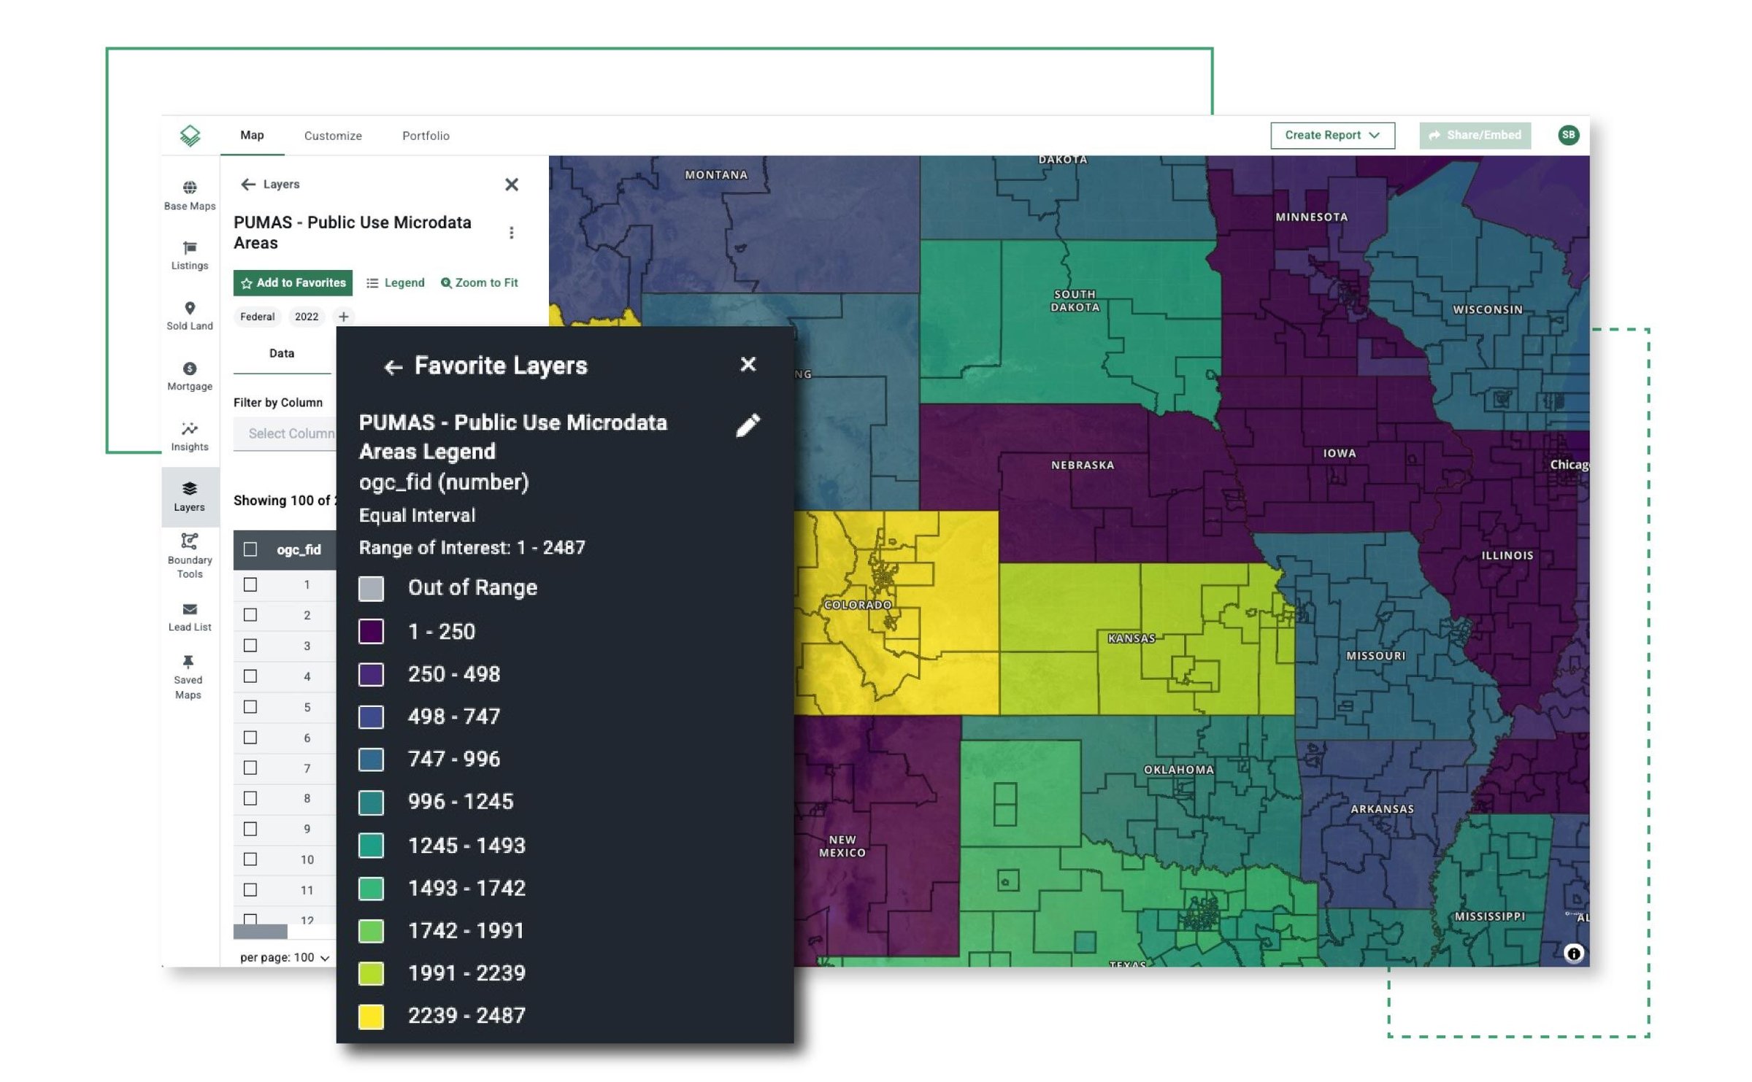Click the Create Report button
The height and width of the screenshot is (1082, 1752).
[1332, 136]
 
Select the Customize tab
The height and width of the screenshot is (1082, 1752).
[333, 136]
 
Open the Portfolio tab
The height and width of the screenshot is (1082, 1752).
[426, 136]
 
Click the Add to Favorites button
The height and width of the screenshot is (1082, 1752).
[293, 283]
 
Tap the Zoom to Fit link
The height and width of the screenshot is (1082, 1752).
[480, 283]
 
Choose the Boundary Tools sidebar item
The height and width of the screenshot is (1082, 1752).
[190, 556]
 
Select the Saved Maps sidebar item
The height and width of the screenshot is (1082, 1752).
[188, 677]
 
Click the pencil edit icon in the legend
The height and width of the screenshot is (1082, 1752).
[748, 425]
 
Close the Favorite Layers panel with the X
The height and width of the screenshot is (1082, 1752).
[748, 365]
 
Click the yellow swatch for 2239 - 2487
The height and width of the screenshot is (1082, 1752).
[371, 1016]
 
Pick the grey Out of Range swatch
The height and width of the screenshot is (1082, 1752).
[371, 589]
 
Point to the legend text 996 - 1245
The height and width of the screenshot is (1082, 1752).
[461, 802]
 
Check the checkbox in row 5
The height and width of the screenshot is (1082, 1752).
[250, 707]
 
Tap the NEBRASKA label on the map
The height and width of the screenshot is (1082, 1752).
[1082, 465]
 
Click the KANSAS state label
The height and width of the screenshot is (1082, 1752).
[1131, 638]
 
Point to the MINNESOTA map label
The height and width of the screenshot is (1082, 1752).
[1311, 217]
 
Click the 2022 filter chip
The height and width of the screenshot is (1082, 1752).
[307, 317]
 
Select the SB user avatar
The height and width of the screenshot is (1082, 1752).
[1568, 135]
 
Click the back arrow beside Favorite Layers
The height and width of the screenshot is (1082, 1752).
[393, 367]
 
